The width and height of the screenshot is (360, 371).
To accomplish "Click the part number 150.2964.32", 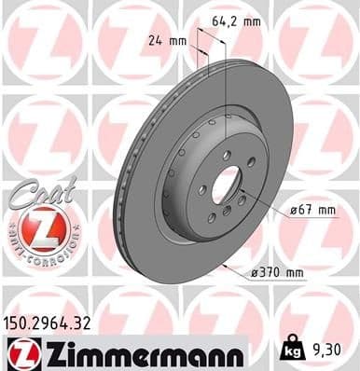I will click(56, 323).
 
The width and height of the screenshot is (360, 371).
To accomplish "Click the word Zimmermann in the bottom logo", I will click(140, 352).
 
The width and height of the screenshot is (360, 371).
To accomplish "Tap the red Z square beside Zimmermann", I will click(19, 352).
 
